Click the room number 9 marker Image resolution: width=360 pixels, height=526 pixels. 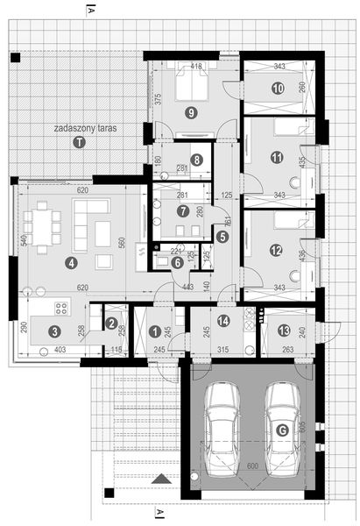tap(191, 112)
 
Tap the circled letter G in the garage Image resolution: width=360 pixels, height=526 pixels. tap(281, 430)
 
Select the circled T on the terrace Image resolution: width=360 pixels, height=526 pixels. tap(80, 142)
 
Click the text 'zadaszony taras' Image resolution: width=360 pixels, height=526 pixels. tap(83, 128)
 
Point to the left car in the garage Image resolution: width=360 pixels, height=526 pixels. tap(223, 423)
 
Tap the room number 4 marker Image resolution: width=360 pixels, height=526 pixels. tap(71, 261)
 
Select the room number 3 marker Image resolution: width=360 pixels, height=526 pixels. tap(54, 331)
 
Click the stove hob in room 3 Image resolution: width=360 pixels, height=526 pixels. tap(62, 309)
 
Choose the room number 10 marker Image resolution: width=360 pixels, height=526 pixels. tap(277, 88)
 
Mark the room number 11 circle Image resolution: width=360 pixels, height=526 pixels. tap(277, 158)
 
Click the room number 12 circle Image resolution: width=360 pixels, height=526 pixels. tap(277, 250)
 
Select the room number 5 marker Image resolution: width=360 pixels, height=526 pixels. tap(222, 236)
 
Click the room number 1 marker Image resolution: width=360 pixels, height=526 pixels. tap(154, 331)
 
